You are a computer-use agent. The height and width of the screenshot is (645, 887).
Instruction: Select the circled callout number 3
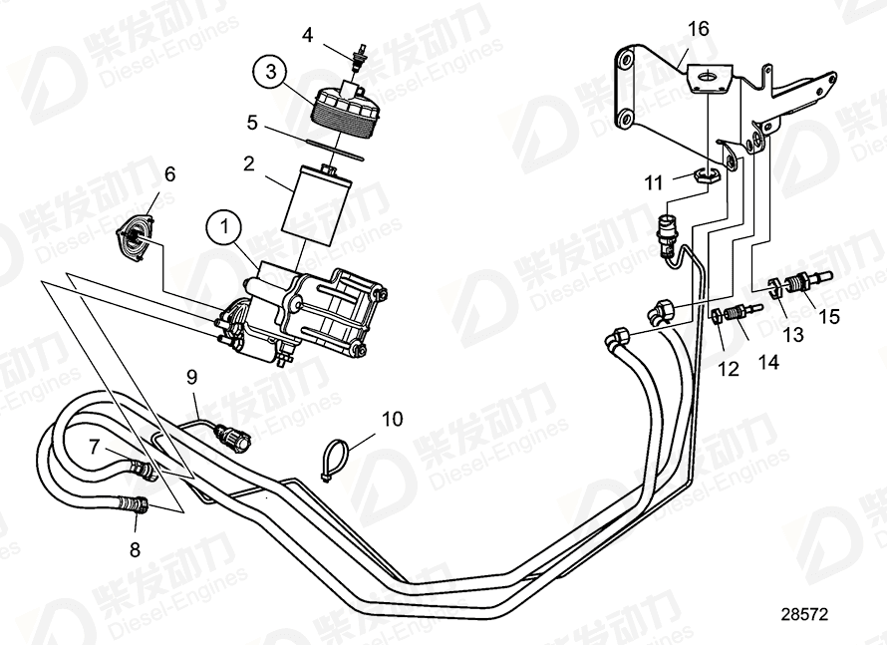(267, 72)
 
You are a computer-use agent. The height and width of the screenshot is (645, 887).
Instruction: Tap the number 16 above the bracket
(698, 28)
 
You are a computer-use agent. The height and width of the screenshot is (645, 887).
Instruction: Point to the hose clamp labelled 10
(336, 458)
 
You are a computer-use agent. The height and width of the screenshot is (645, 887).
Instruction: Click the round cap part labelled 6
(134, 236)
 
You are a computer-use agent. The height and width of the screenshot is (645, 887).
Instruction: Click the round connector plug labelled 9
(234, 436)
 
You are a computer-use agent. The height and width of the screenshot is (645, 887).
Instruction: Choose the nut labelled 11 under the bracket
(706, 178)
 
